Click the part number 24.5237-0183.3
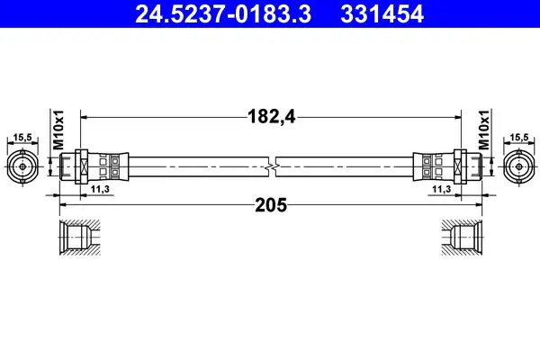223,13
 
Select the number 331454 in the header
382,13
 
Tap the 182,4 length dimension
272,116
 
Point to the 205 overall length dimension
271,205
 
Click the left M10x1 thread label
58,130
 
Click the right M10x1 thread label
484,130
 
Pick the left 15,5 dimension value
22,138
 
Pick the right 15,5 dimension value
519,138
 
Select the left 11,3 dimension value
100,189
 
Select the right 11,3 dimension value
442,189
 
